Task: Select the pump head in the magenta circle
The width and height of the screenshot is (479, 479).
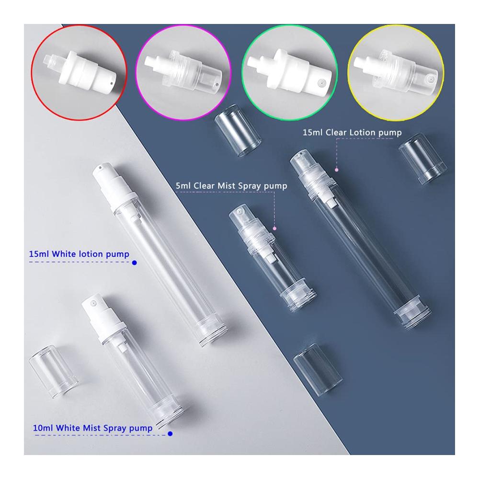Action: pyautogui.click(x=183, y=73)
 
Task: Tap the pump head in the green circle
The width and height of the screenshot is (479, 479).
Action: pyautogui.click(x=289, y=72)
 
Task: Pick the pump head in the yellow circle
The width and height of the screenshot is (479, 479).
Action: pyautogui.click(x=395, y=72)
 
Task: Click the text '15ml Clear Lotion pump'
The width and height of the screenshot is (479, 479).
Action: pyautogui.click(x=352, y=133)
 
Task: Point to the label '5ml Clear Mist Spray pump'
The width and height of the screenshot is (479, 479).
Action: pyautogui.click(x=231, y=186)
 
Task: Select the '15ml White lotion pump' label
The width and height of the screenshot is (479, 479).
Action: pyautogui.click(x=79, y=254)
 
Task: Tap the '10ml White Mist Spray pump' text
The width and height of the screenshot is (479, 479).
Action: pyautogui.click(x=92, y=428)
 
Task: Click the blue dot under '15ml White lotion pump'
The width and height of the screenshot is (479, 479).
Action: pyautogui.click(x=135, y=262)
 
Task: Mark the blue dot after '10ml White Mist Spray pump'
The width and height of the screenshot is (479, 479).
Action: pyautogui.click(x=170, y=434)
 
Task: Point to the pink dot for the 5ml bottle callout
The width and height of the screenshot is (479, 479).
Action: pyautogui.click(x=274, y=228)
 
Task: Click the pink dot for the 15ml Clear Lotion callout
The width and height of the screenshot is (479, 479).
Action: pyautogui.click(x=337, y=170)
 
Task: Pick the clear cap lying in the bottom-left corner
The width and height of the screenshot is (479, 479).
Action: pyautogui.click(x=54, y=372)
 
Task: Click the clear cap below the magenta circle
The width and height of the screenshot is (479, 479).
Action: pyautogui.click(x=238, y=130)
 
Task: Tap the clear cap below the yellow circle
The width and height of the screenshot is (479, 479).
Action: pyautogui.click(x=423, y=159)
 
